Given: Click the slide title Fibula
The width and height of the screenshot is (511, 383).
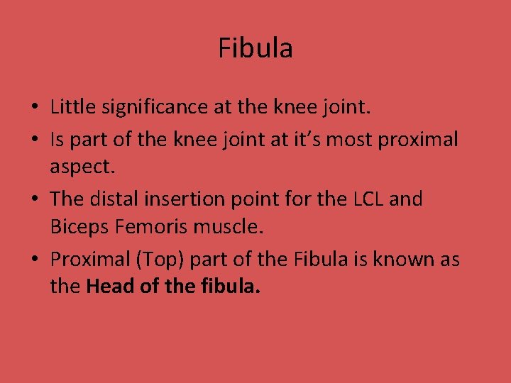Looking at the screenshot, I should (255, 48).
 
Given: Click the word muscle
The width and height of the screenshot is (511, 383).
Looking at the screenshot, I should (228, 227).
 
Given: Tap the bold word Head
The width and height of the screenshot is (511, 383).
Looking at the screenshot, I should (109, 287).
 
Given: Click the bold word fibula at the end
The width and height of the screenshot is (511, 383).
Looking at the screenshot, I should (235, 287).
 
